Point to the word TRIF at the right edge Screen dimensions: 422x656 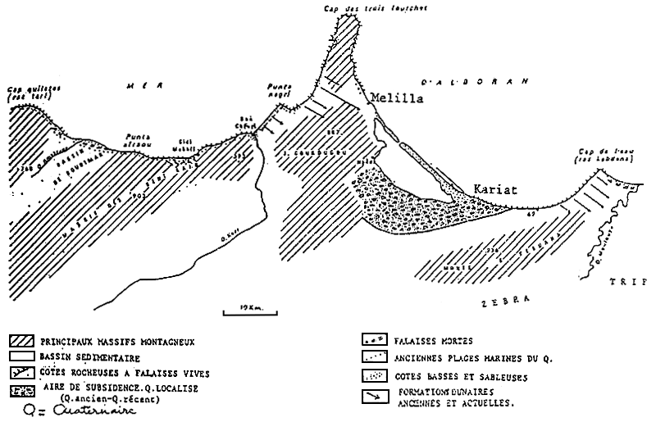click(628, 281)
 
